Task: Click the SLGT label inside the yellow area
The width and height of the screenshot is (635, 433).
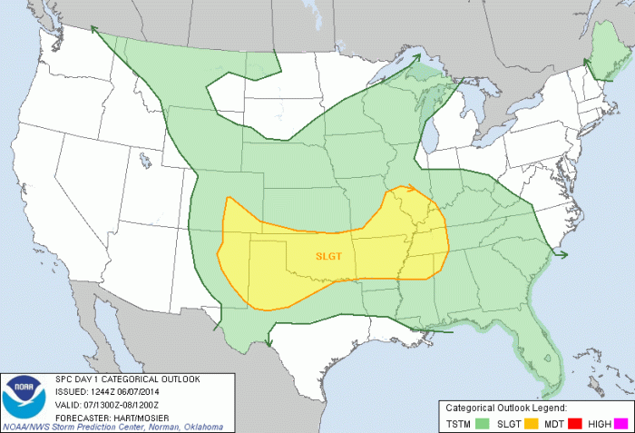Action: pyautogui.click(x=328, y=255)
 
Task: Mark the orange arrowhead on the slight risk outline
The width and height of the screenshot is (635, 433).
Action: pyautogui.click(x=413, y=190)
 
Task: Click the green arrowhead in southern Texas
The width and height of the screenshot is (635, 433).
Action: pyautogui.click(x=269, y=341)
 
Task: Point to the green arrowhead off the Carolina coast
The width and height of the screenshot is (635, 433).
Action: pyautogui.click(x=564, y=254)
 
